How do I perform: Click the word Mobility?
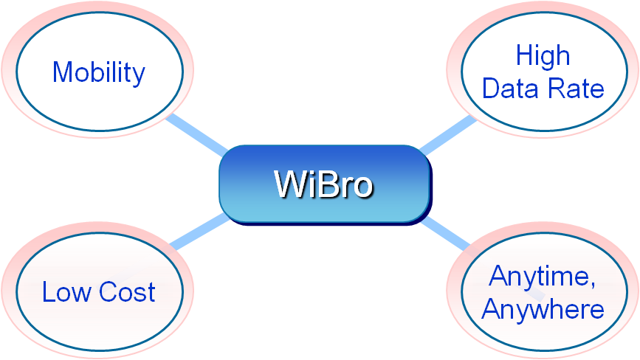click(x=99, y=73)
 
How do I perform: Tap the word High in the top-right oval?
click(x=543, y=56)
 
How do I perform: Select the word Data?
click(x=510, y=89)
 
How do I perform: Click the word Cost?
click(x=127, y=292)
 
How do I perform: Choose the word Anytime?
click(x=541, y=277)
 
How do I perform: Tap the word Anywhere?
click(x=543, y=309)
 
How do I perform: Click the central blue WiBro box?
click(x=324, y=184)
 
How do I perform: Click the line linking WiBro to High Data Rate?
click(x=447, y=134)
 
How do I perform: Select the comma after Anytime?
click(x=593, y=286)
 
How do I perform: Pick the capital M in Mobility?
click(x=63, y=73)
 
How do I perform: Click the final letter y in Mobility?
click(x=138, y=76)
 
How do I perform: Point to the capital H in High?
click(x=523, y=56)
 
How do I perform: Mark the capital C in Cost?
click(x=108, y=292)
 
